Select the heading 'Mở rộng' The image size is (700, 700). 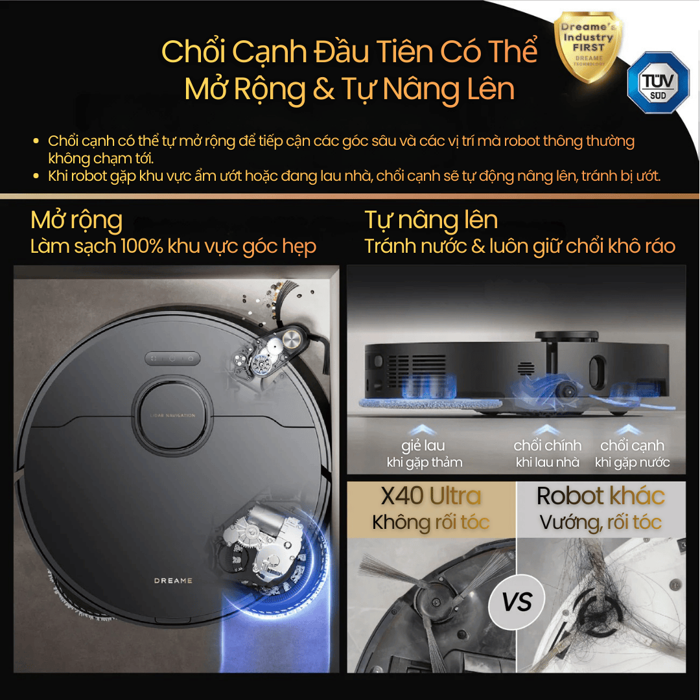click(x=76, y=220)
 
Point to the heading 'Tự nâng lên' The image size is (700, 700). click(x=431, y=220)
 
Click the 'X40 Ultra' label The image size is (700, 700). click(x=431, y=496)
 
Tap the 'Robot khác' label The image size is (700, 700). click(x=601, y=496)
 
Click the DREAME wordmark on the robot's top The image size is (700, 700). click(x=173, y=581)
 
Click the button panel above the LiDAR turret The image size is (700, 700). click(x=173, y=358)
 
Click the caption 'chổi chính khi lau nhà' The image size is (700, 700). click(x=548, y=454)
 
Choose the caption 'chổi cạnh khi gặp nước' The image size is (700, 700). click(x=632, y=454)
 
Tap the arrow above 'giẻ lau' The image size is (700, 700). click(x=425, y=429)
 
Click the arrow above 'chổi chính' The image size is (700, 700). click(x=548, y=429)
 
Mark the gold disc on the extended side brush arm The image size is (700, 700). click(x=292, y=338)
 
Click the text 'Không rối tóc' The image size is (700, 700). click(x=431, y=522)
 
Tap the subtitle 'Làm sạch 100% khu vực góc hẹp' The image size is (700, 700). click(x=174, y=247)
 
